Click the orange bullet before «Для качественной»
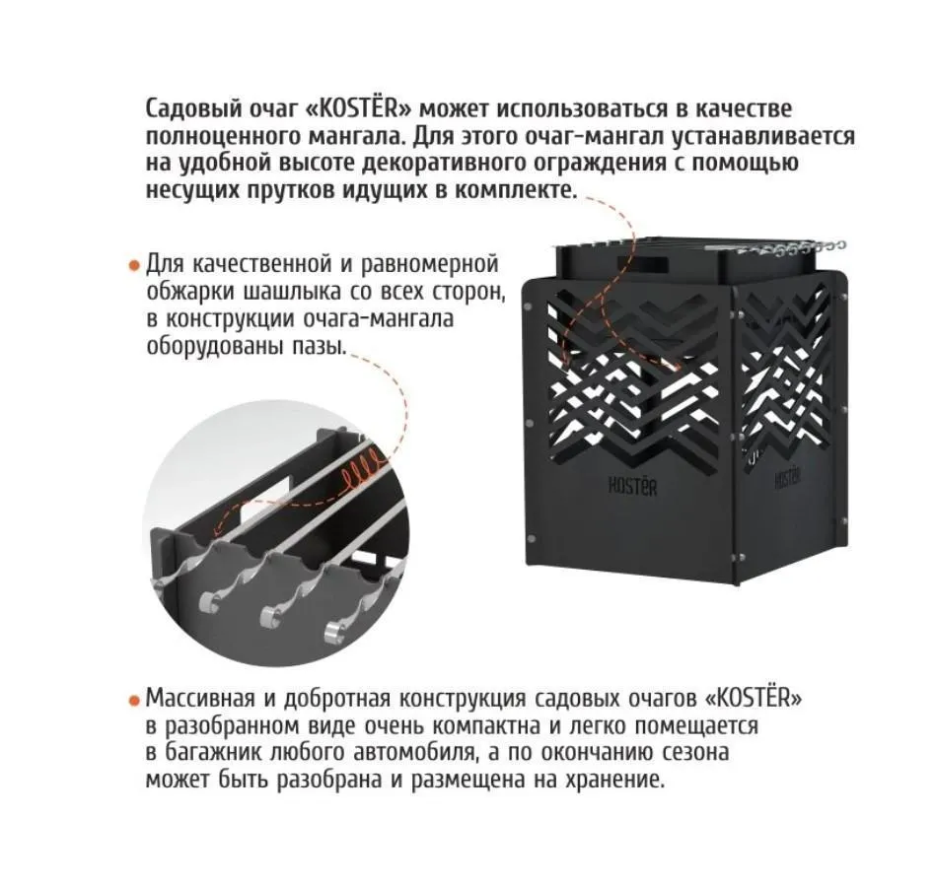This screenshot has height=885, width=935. click(x=133, y=266)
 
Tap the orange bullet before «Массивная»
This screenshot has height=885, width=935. click(x=133, y=701)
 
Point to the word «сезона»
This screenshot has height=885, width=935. click(x=692, y=754)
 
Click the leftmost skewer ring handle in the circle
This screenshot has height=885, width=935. click(x=206, y=601)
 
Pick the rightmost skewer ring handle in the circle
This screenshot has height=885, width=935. click(x=336, y=628)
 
